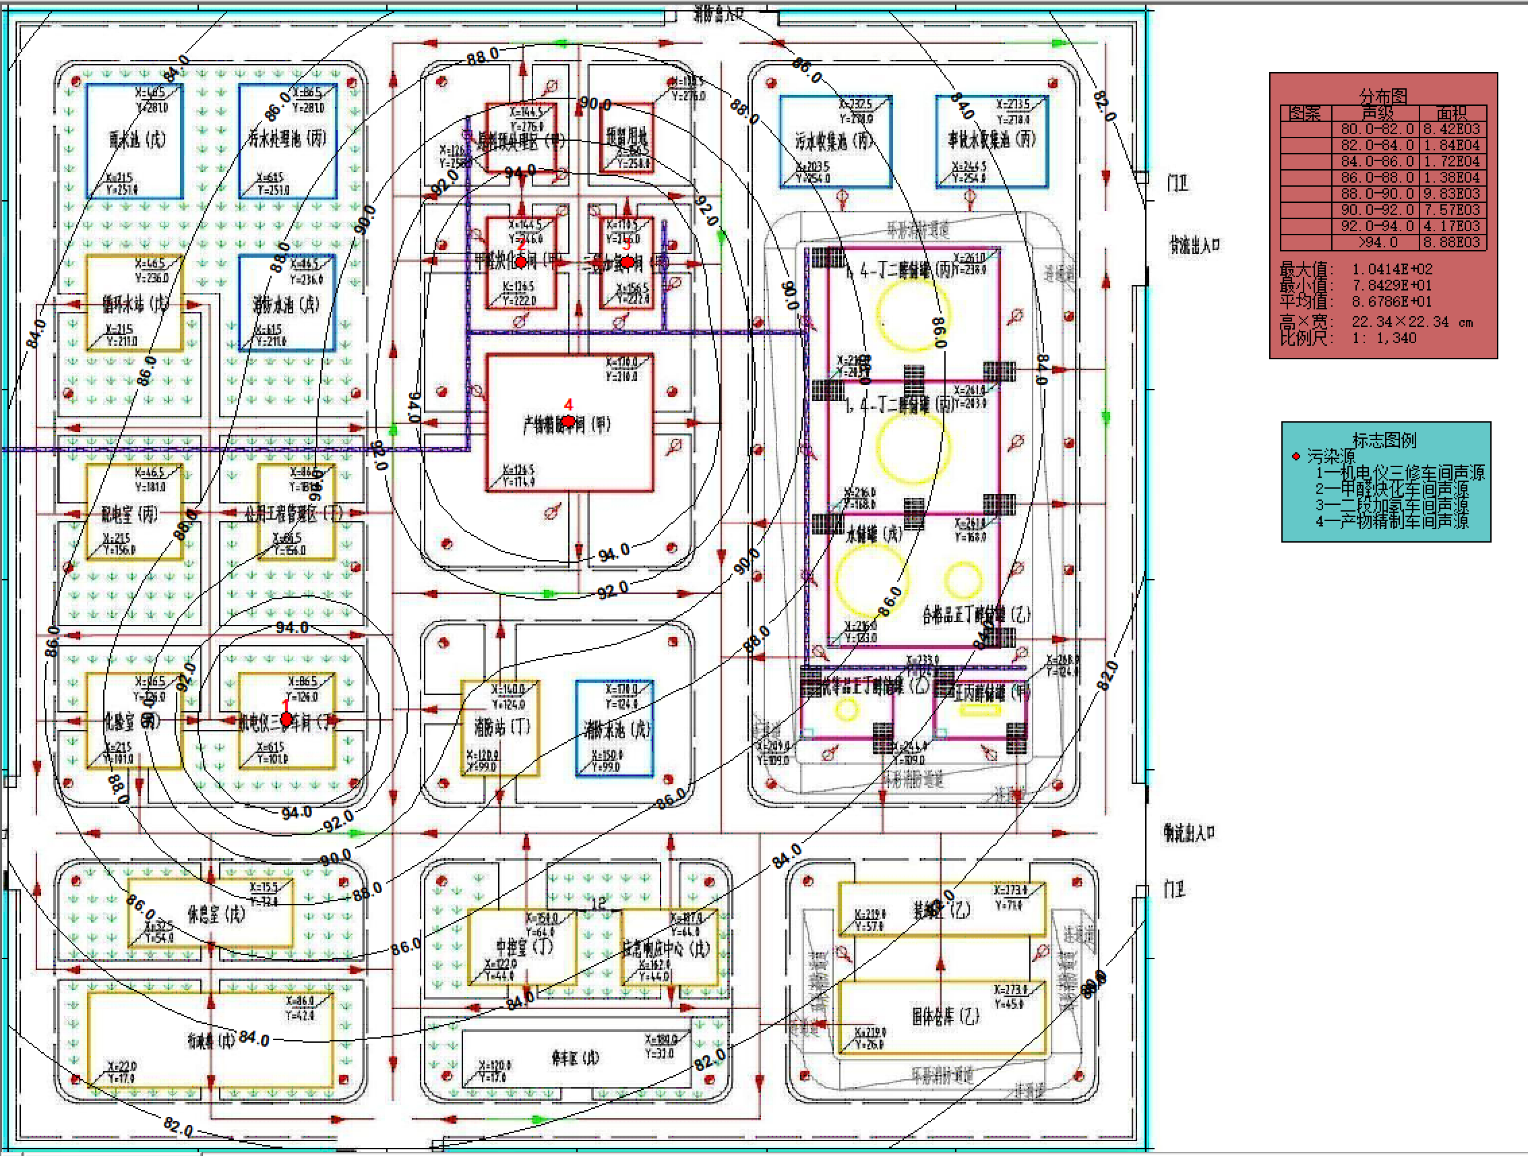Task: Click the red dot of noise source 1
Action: pos(286,720)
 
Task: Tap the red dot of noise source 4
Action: pos(568,421)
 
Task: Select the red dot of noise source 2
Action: pos(521,262)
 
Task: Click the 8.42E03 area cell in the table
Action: pos(1450,129)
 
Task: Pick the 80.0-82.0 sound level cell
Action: pos(1377,129)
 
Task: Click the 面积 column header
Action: pos(1450,113)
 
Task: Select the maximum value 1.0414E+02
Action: pos(1392,269)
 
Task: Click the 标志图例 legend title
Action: pos(1384,440)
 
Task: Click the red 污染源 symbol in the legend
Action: pos(1296,456)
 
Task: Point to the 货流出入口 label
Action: pos(1194,245)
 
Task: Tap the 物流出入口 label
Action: pos(1189,832)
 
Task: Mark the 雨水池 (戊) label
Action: pos(137,140)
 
